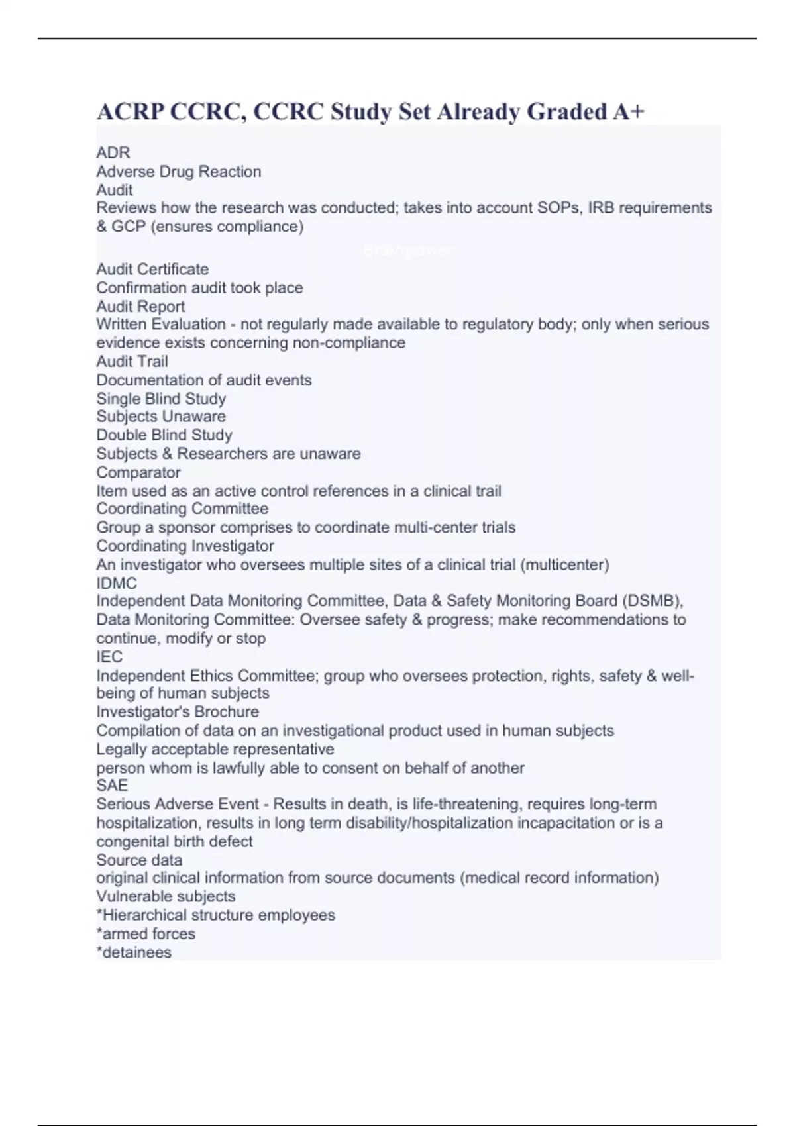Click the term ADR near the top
tap(113, 153)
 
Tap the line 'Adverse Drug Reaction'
tap(179, 172)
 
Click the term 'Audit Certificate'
tap(152, 269)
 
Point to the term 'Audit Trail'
tap(132, 361)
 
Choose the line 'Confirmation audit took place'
tap(199, 287)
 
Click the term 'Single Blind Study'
tap(161, 399)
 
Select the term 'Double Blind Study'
tap(164, 435)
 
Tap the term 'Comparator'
tap(138, 472)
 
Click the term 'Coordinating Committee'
tap(182, 509)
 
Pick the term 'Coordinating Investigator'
tap(185, 546)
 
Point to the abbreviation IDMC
tap(117, 584)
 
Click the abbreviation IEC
tap(109, 656)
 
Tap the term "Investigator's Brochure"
tap(178, 712)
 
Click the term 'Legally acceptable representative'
tap(215, 749)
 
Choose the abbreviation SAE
tap(112, 786)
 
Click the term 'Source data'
tap(139, 860)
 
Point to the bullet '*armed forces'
tap(146, 934)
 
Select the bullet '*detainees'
tap(134, 952)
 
